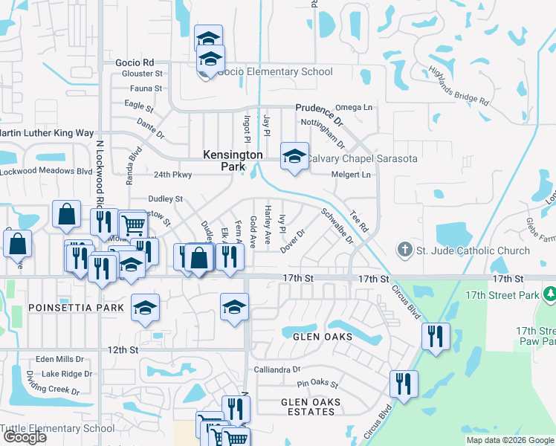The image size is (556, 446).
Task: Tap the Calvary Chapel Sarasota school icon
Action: point(294,157)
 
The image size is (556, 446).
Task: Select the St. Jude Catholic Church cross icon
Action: point(404,251)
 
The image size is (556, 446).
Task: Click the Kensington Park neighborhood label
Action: point(233,161)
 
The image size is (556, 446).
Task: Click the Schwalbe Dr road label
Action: point(336,223)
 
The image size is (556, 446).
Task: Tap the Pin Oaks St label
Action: point(317,385)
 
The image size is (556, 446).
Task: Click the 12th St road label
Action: point(123,349)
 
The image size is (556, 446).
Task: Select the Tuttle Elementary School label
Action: point(57,428)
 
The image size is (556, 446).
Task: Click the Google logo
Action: point(25,437)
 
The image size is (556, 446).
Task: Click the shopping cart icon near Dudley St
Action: point(132,224)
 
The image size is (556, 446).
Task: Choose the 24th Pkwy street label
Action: point(173,175)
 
